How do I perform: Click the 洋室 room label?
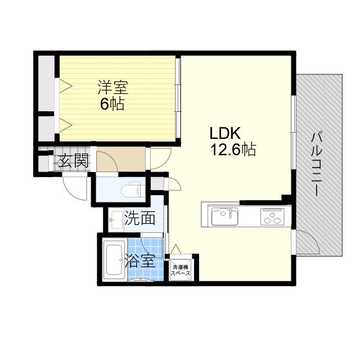tap(113, 88)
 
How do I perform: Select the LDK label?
tap(225, 134)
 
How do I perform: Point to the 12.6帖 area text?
tap(233, 150)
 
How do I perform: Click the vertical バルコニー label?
tap(316, 163)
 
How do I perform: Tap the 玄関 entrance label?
tap(73, 161)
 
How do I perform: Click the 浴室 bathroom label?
tap(140, 260)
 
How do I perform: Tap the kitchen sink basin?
tap(223, 216)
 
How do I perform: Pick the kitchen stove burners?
tap(273, 216)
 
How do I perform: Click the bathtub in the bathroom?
tap(115, 260)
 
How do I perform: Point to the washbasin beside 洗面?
tap(115, 219)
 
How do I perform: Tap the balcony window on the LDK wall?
tap(293, 132)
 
